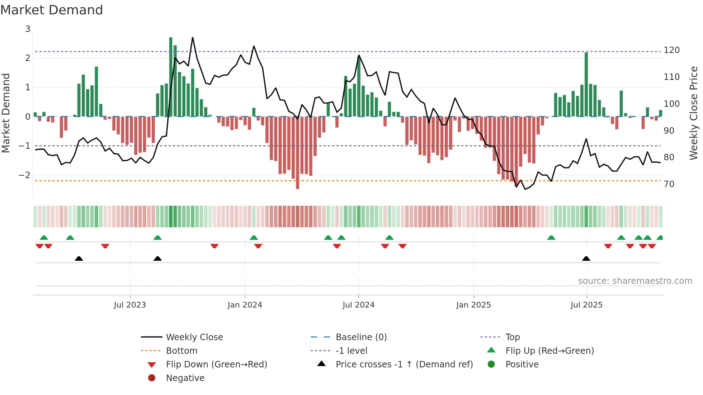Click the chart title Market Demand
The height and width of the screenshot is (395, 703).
coord(52,10)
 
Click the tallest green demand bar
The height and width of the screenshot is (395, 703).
coord(171,77)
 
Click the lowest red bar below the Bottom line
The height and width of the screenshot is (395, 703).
coord(297,152)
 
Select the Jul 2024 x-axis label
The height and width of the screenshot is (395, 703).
coord(358,305)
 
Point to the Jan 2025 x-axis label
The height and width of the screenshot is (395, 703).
coord(473,305)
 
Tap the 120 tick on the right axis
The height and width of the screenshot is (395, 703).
coord(671,50)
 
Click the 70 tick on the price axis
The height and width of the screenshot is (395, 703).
coord(669,184)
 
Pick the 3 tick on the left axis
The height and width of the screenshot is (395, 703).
coord(28,29)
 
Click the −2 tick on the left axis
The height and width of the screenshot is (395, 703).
coord(24,175)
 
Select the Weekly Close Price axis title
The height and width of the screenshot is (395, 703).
coord(694,113)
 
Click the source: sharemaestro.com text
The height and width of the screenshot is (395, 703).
coord(635,281)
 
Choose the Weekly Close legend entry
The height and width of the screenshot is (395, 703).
coord(194,337)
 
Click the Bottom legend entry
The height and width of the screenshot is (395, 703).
coord(181,351)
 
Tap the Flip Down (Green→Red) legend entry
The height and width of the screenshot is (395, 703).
coord(216,365)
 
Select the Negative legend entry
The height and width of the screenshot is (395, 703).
coord(185,378)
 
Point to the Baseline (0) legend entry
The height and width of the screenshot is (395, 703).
coord(361,337)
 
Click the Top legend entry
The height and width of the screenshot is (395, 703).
coord(512,337)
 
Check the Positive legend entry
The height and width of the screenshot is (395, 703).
coord(522,365)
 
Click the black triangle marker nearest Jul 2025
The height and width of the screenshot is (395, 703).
coord(586,259)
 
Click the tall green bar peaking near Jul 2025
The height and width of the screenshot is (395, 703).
coord(586,84)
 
